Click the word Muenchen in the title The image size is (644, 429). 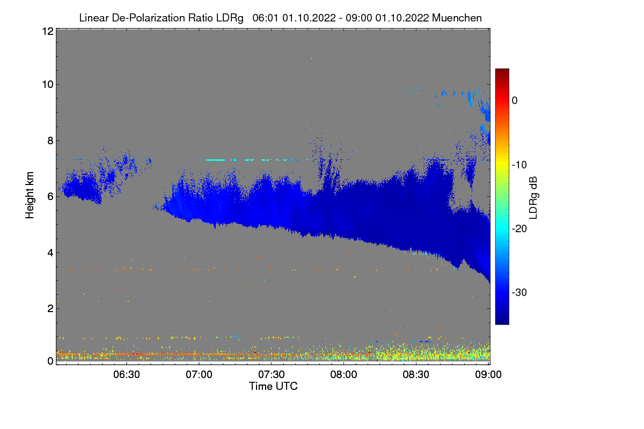(457, 18)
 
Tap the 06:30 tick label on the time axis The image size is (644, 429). (127, 374)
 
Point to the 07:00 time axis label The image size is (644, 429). (199, 374)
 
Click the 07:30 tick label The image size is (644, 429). (272, 374)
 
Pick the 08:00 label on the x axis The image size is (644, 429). (344, 374)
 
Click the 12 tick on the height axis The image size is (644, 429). (47, 32)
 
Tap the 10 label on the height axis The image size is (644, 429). (47, 84)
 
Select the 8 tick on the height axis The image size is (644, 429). (49, 140)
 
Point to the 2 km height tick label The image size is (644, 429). (49, 308)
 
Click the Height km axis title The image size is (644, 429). (30, 196)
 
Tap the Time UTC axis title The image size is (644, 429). (273, 386)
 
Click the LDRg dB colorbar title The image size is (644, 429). (533, 196)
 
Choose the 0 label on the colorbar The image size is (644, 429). (514, 101)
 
